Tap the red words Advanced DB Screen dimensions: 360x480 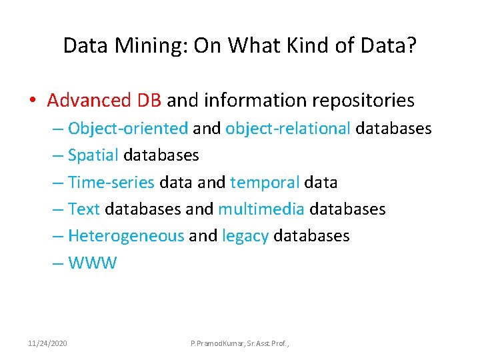point(105,101)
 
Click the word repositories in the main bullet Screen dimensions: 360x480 point(359,101)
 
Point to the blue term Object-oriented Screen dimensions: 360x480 point(128,128)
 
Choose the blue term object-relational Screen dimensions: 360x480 point(288,128)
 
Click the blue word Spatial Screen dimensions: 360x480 point(93,155)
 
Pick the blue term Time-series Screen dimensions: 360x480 point(111,182)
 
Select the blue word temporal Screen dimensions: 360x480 point(265,182)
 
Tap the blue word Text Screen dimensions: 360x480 point(84,209)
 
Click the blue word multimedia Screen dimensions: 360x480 point(261,209)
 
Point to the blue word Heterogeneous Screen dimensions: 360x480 point(126,236)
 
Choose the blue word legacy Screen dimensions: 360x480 point(245,236)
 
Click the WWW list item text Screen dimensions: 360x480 point(92,263)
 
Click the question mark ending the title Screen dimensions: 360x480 point(412,45)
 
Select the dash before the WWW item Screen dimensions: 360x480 point(58,263)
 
